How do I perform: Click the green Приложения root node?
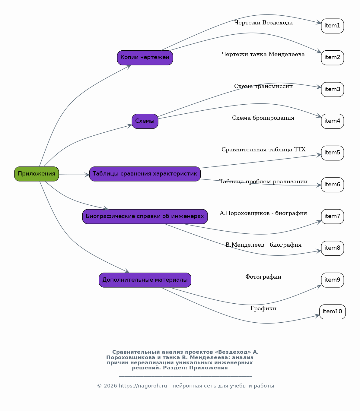tap(37, 174)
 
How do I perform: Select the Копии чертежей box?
tap(145, 58)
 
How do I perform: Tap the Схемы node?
tap(145, 121)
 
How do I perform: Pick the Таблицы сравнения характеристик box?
tap(145, 174)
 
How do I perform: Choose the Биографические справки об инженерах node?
tap(145, 216)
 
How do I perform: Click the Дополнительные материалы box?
tap(145, 280)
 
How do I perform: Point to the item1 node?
tap(333, 26)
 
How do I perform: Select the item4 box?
tap(333, 121)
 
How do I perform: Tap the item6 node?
tap(333, 185)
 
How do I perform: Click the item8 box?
tap(333, 248)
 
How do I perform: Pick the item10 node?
tap(333, 311)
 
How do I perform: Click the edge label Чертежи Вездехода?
tap(263, 23)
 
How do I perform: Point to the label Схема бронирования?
tap(263, 118)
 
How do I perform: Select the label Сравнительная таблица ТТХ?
tap(263, 150)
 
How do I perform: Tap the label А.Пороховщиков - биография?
tap(263, 213)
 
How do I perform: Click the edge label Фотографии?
tap(263, 277)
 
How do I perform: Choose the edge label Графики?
tap(263, 308)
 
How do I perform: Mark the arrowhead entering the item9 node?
tap(319, 286)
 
